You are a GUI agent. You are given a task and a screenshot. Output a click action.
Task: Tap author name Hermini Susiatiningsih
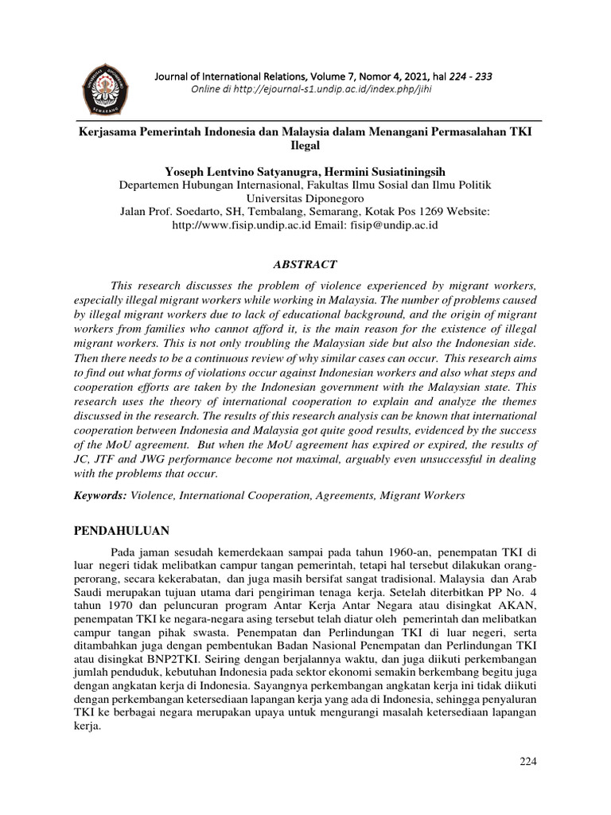(391, 171)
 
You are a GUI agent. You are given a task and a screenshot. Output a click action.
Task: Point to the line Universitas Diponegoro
(305, 198)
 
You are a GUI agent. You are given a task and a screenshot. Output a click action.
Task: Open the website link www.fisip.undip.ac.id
(232, 225)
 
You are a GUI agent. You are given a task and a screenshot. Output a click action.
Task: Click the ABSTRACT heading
(305, 264)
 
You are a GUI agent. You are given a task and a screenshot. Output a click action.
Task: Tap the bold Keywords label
(101, 495)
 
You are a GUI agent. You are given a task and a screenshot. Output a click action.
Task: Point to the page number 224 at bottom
(528, 762)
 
